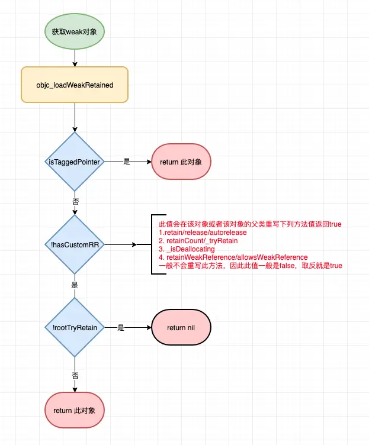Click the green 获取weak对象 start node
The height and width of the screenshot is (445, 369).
(x=75, y=31)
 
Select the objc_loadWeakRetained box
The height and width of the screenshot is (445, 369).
(x=75, y=85)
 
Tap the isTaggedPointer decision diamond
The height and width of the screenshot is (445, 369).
(x=75, y=161)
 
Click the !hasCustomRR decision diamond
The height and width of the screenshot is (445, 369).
(x=75, y=244)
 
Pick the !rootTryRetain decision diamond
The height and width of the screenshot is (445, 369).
(x=75, y=327)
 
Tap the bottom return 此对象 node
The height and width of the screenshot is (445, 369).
(x=75, y=410)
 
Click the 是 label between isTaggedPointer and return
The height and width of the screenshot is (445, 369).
(x=127, y=161)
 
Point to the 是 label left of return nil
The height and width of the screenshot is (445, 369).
(x=121, y=327)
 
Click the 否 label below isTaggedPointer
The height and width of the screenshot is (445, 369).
(x=75, y=201)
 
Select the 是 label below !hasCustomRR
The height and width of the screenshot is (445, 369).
(x=75, y=285)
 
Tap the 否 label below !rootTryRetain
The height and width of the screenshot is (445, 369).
(x=75, y=375)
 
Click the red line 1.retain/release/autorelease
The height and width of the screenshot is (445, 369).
(x=203, y=233)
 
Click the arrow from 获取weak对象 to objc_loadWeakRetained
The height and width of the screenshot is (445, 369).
(x=75, y=57)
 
